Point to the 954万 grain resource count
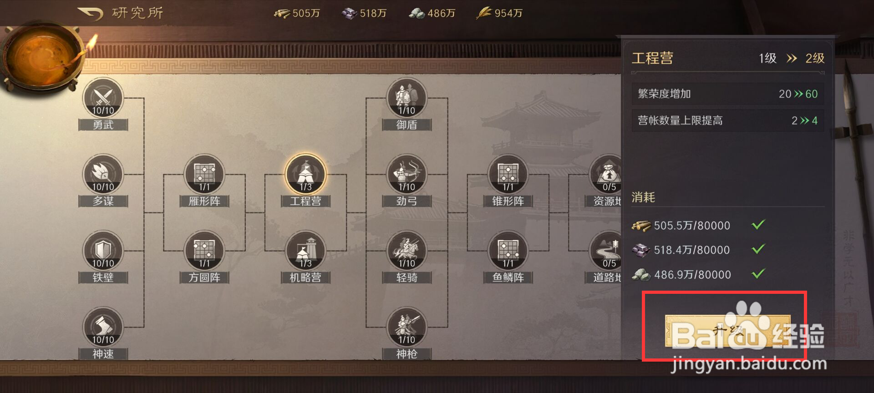[508, 13]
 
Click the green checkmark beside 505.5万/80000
[758, 225]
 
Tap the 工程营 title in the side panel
[652, 58]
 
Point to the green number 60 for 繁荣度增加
[812, 94]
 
